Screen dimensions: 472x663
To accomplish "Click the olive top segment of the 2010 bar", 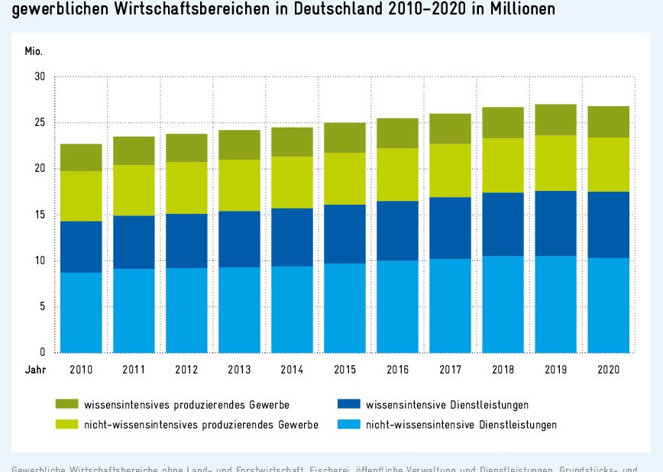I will coord(81,157).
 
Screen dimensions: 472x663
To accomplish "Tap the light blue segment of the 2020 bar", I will coord(608,305).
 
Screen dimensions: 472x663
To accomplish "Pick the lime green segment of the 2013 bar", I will coord(239,186).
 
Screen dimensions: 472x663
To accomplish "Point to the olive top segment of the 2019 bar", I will coord(555,120).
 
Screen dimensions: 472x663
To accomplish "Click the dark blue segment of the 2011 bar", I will coord(134,242).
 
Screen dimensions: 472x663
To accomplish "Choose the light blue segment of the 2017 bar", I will coord(450,306).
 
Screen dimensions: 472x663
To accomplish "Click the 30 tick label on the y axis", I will coord(40,77).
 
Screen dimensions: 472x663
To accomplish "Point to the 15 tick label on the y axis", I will coord(40,215).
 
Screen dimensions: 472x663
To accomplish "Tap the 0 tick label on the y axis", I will coord(43,353).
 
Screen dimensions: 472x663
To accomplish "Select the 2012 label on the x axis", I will coord(186,369).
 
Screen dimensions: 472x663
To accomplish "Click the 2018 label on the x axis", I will coord(503,369).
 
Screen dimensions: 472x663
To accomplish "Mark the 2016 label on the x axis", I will coord(397,369).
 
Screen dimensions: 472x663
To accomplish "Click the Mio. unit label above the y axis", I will coord(34,52).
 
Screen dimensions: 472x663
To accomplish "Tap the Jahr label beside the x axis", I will coord(34,369).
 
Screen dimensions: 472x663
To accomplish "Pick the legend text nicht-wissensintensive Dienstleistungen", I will coord(461,425).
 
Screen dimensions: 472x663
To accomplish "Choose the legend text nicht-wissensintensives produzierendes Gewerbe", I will coord(201,425).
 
